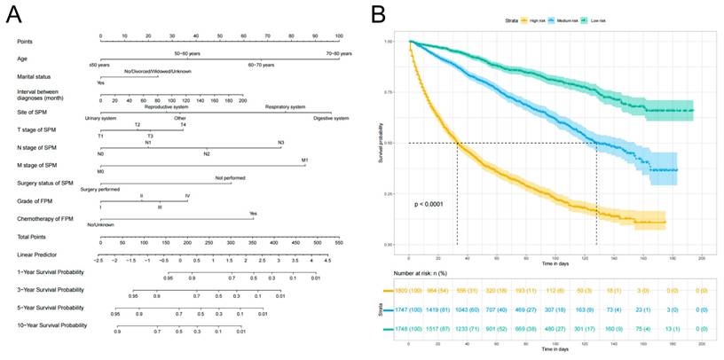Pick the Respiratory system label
284,106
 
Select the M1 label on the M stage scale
304,160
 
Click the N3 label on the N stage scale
280,143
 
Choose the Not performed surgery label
230,178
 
